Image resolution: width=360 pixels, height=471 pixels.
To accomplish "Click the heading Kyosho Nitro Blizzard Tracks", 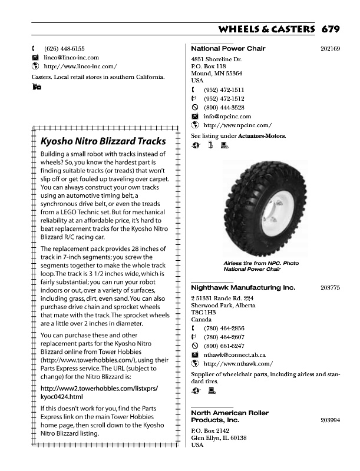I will point(103,141).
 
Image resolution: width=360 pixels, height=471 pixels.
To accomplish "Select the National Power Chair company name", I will point(228,48).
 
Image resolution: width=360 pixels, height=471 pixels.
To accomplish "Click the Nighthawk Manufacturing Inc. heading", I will point(243,288).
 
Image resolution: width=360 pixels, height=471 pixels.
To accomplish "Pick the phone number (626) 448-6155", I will point(64,48).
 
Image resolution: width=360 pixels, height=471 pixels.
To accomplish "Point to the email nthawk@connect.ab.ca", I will point(235,355).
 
